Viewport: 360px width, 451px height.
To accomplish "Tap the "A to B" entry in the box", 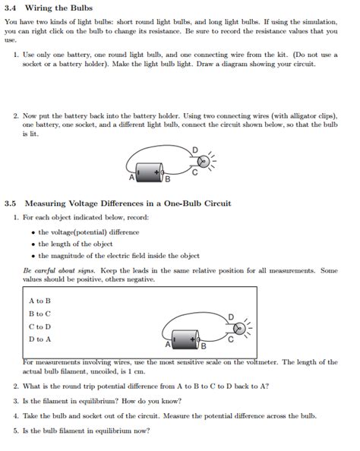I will click(39, 300).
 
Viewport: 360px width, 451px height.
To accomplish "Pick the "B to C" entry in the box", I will click(39, 313).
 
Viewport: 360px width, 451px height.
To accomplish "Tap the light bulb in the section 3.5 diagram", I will click(238, 328).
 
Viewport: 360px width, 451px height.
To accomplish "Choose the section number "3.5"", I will click(10, 203).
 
